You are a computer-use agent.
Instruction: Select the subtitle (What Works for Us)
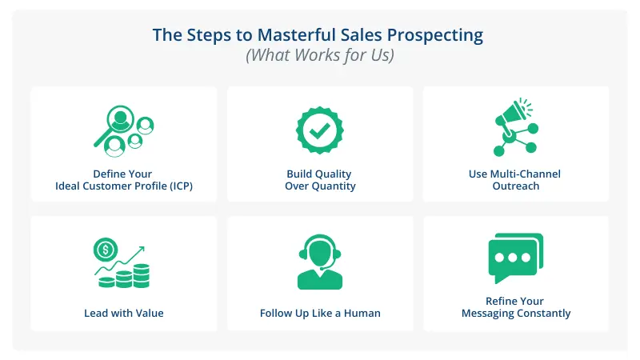[320, 56]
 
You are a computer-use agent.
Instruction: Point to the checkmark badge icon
[320, 130]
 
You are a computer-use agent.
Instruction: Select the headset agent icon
[320, 262]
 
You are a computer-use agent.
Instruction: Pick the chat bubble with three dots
[515, 258]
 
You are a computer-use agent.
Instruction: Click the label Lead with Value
[124, 313]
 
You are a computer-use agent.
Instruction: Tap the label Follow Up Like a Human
[320, 313]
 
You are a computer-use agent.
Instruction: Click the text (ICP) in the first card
[178, 186]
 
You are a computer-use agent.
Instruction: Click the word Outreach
[516, 186]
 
